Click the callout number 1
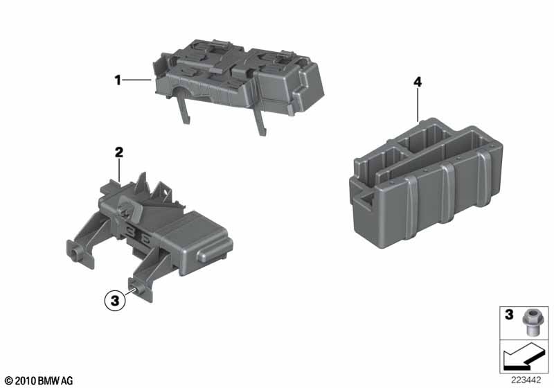click(x=118, y=80)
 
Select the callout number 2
click(x=118, y=152)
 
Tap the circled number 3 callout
click(x=116, y=301)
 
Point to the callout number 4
click(x=418, y=82)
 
